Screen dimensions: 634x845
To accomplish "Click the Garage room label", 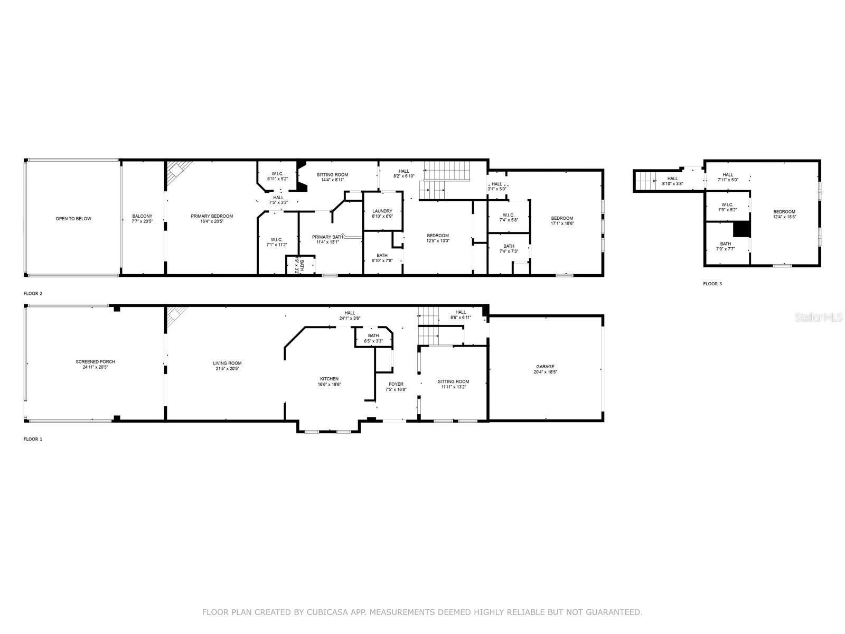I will coord(545,366).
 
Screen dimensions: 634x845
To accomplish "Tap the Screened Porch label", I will coord(95,362).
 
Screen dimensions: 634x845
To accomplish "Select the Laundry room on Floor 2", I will coord(382,211).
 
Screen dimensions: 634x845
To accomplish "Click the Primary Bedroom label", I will coord(212,216).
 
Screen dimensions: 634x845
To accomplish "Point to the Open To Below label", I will coord(73,219).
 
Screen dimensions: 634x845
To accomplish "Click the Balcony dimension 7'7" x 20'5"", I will coord(142,222).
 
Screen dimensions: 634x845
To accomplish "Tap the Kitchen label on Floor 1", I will coord(329,379).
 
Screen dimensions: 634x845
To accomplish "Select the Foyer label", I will coord(396,384).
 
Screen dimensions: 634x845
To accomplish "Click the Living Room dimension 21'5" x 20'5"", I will coord(227,369).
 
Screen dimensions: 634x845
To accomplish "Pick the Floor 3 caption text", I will coord(712,284).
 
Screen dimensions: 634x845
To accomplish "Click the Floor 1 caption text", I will coord(33,439).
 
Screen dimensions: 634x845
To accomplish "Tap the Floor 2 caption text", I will coord(33,293).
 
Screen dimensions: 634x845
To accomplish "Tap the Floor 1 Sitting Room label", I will coord(453,381).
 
